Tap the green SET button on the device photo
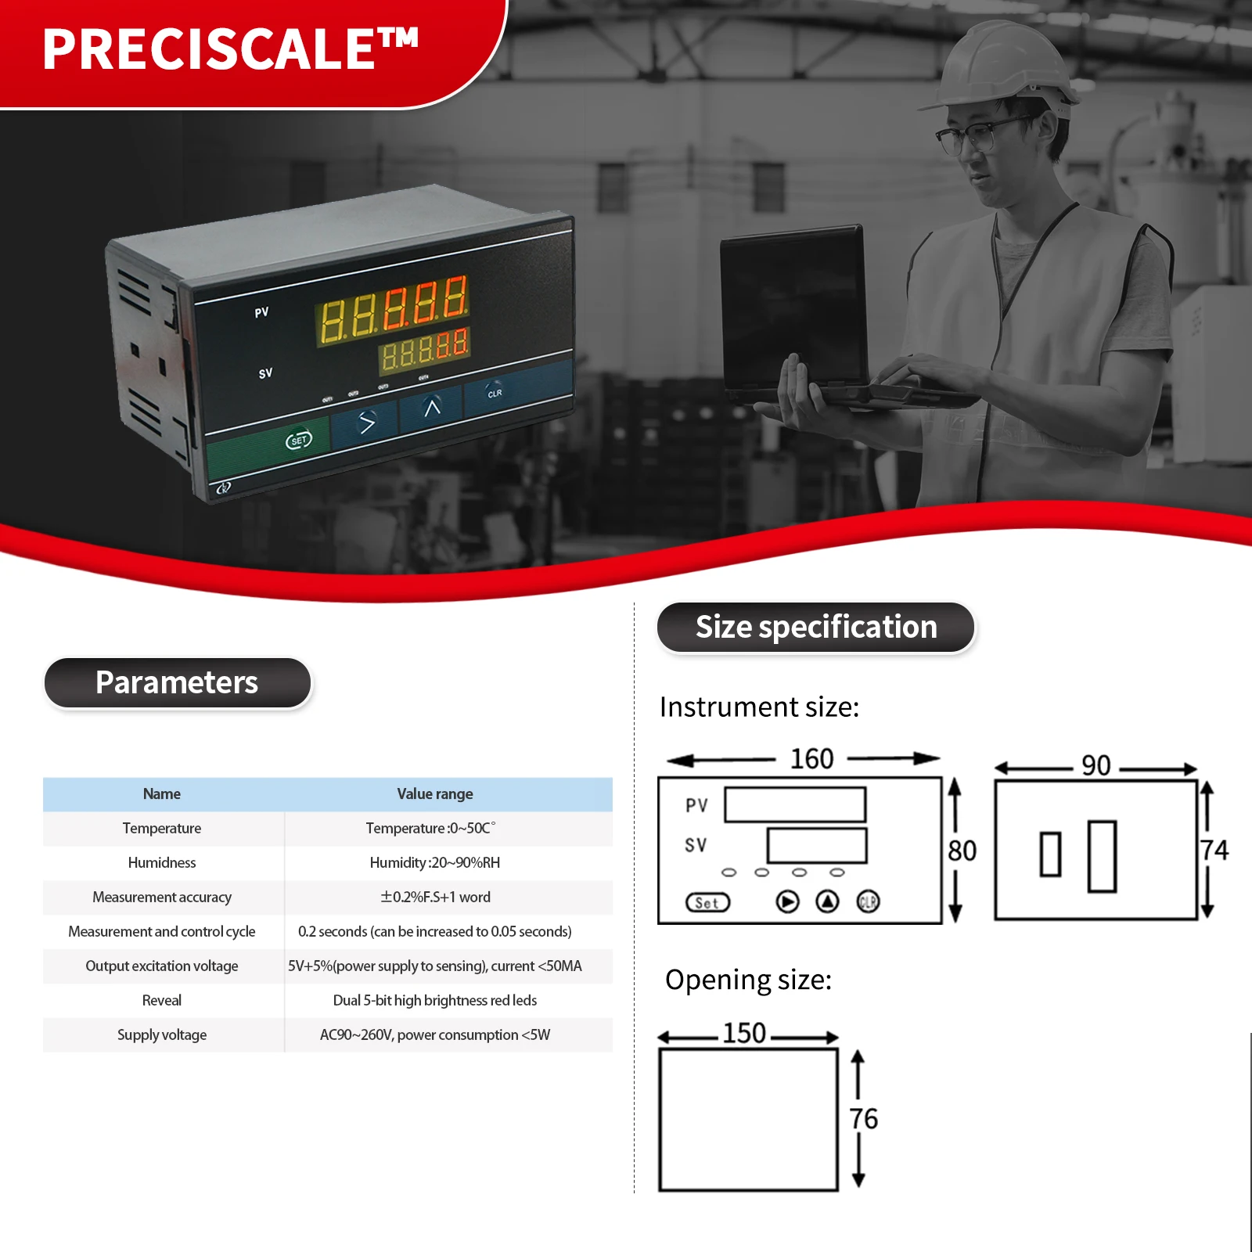299,441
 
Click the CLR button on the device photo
495,392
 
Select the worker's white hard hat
1006,67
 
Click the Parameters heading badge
178,683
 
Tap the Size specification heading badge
816,628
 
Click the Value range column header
435,794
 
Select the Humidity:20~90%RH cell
435,863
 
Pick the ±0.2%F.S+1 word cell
435,898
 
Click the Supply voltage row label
162,1035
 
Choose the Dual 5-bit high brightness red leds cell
435,1001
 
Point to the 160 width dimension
811,759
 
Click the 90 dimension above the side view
1095,765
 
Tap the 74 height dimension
1214,851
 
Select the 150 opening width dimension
744,1034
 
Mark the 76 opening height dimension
864,1119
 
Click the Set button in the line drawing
707,903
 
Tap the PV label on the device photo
261,313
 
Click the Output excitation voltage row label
162,966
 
